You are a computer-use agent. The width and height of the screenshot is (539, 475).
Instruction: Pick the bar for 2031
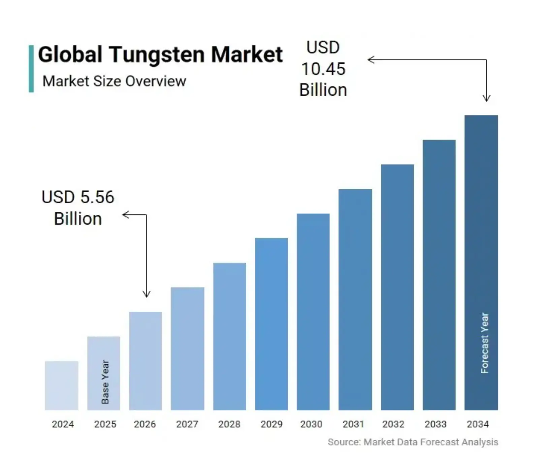355,299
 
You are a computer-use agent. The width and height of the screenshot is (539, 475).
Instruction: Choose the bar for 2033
439,275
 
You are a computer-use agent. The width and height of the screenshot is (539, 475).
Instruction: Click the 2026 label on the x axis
145,424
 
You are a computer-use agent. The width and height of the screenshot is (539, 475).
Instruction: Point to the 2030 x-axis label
311,424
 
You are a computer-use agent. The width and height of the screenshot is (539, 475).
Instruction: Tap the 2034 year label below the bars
478,424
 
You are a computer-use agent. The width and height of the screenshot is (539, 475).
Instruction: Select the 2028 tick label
229,424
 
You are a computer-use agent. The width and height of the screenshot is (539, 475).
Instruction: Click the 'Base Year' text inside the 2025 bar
105,382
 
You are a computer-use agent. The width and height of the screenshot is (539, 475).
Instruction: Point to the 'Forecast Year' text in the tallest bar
484,343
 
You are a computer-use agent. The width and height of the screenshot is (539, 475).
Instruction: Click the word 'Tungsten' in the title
157,55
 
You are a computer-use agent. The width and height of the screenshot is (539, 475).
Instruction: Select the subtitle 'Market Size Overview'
114,81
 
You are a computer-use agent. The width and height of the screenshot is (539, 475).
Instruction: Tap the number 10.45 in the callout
323,69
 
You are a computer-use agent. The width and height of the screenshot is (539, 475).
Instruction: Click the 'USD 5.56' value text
78,197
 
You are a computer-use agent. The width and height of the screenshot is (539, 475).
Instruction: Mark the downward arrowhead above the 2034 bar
486,99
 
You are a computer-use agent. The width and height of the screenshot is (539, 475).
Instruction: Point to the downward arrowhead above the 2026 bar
147,295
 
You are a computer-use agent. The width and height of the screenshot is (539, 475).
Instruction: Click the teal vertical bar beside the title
31,69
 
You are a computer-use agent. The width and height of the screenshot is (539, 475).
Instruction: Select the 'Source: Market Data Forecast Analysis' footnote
413,442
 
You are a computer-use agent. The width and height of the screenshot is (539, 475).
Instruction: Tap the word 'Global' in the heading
70,55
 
